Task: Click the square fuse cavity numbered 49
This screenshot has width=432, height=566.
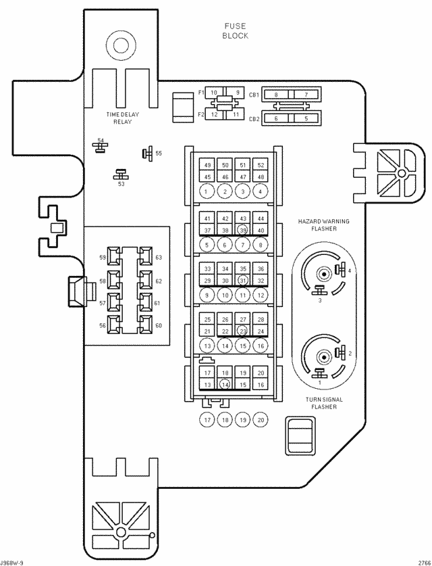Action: click(208, 166)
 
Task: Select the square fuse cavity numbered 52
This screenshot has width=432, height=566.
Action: click(261, 166)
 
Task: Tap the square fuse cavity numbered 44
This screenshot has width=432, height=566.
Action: click(261, 218)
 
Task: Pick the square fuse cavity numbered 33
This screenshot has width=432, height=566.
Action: click(208, 269)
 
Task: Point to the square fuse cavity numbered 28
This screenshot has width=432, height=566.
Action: click(261, 319)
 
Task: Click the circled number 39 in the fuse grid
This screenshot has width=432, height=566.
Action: click(243, 230)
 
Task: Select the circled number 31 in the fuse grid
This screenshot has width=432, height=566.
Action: click(243, 281)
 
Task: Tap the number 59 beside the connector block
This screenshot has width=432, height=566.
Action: click(103, 258)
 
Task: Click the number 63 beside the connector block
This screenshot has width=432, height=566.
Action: click(159, 258)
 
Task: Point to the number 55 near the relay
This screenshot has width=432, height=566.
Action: click(159, 154)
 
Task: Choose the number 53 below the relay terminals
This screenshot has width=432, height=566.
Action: click(122, 184)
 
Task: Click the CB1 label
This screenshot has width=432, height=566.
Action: click(254, 95)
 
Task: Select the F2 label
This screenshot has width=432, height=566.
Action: click(200, 115)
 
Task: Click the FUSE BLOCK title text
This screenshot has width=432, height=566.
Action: click(235, 31)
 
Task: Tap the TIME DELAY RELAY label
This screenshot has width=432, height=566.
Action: click(122, 118)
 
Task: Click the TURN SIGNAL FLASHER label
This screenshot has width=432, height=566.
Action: click(321, 403)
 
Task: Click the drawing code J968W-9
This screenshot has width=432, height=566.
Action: click(13, 562)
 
